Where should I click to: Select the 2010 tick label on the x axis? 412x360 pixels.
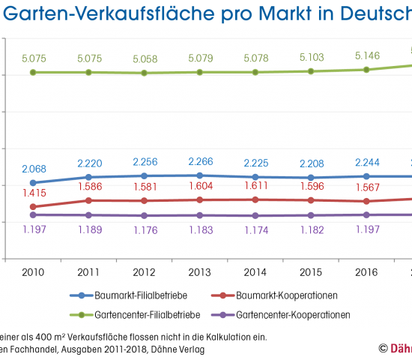coord(32,271)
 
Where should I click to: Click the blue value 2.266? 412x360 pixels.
coord(201,160)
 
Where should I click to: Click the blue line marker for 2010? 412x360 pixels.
coord(32,183)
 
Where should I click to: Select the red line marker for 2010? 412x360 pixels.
coord(32,207)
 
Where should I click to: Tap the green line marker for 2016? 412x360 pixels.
coord(366,70)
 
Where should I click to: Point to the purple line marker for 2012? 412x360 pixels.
coord(145,216)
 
